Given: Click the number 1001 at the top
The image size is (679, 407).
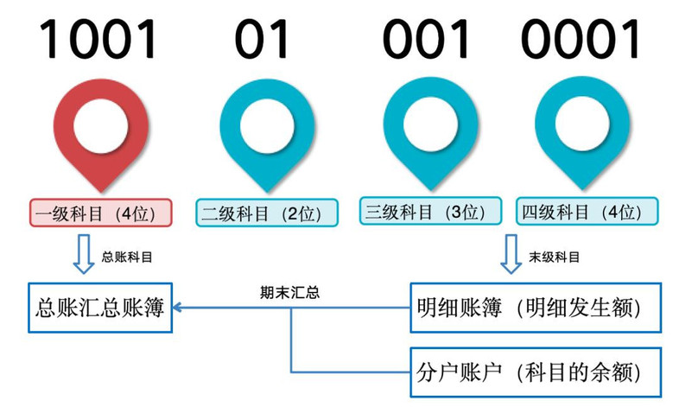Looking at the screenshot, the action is tap(98, 39).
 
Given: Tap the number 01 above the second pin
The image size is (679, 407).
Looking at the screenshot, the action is tap(262, 39).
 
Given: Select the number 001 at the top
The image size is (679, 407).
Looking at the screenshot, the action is tap(426, 39).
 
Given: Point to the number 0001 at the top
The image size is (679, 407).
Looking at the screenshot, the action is tap(581, 39).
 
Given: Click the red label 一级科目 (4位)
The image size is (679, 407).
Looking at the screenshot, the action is tap(101, 213).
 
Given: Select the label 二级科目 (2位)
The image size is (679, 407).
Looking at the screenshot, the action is tap(267, 213).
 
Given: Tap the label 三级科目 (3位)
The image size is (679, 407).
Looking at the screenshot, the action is tap(430, 211).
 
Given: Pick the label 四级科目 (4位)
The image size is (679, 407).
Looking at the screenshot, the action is tap(587, 211).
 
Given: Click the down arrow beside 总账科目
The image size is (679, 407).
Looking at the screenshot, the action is tap(84, 254).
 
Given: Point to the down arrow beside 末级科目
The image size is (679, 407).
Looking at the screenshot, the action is tap(511, 254).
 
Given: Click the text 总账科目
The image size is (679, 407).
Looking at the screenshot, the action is tap(127, 258).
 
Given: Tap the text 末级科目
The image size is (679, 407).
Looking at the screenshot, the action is tap(554, 258).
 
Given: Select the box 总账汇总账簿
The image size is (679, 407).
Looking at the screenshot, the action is tap(100, 308).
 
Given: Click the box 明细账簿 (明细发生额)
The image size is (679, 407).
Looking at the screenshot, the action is tap(536, 308).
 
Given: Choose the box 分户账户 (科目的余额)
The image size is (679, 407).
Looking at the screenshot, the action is tap(536, 372).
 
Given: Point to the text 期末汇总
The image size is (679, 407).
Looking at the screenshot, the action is tap(289, 293).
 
